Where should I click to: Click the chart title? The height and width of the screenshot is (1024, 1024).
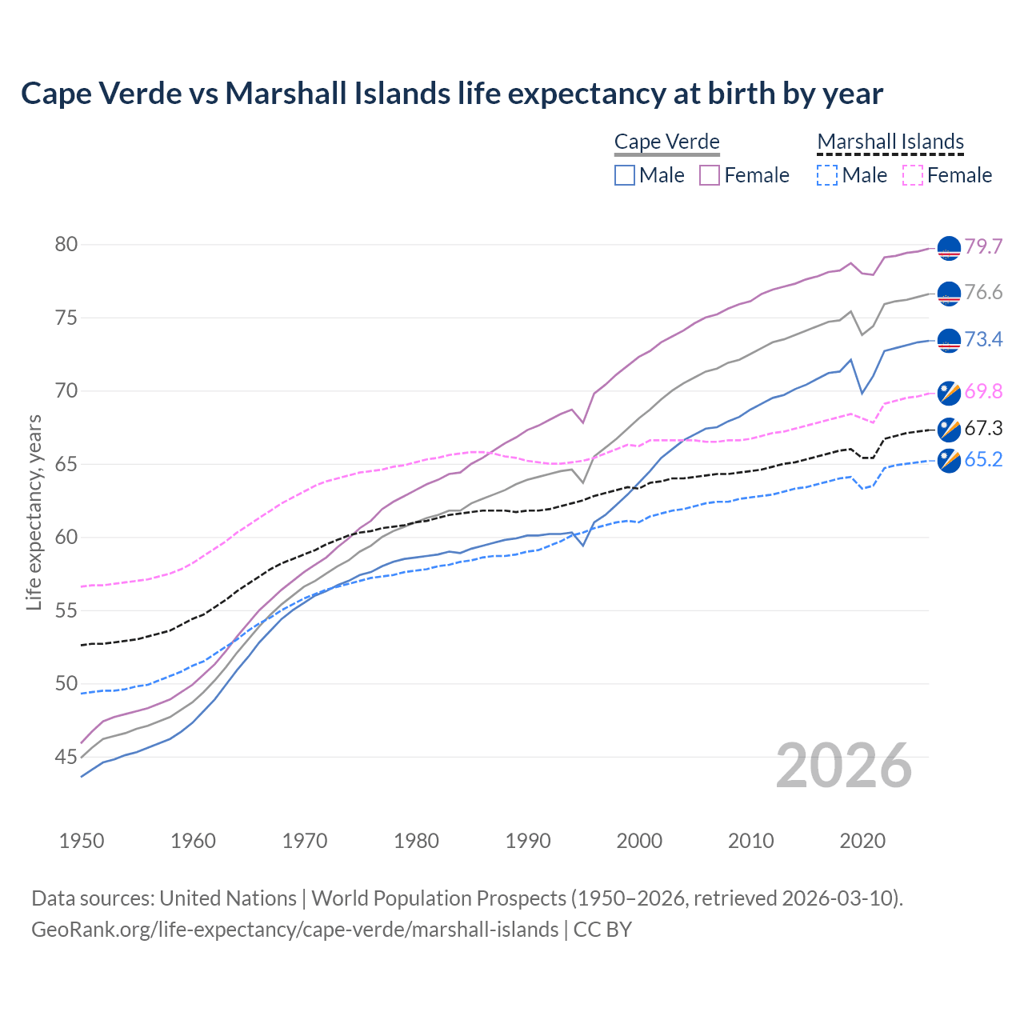(x=452, y=94)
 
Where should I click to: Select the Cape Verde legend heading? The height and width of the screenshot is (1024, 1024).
(x=667, y=142)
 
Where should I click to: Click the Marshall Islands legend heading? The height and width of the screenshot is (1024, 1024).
(x=890, y=142)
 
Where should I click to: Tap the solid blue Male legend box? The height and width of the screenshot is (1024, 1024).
(x=625, y=175)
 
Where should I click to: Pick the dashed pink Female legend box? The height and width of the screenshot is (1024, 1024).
(x=913, y=175)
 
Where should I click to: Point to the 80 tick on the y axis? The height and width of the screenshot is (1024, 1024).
(x=66, y=244)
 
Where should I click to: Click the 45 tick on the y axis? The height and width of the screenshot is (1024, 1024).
(x=66, y=757)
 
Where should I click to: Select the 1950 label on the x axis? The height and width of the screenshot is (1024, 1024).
(x=82, y=841)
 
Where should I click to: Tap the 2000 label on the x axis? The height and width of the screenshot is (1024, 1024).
(x=639, y=841)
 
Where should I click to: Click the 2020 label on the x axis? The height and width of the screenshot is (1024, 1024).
(x=862, y=841)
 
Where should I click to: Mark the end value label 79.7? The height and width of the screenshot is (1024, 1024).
(x=983, y=246)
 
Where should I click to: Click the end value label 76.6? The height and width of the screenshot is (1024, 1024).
(x=983, y=293)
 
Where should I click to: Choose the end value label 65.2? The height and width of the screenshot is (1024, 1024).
(x=983, y=459)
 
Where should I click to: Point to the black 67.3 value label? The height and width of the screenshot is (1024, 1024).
(x=983, y=428)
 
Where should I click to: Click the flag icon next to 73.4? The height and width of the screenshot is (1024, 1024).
(x=949, y=341)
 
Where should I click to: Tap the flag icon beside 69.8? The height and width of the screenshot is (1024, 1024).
(x=949, y=392)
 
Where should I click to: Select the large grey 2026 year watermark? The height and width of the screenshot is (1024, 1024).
(x=844, y=766)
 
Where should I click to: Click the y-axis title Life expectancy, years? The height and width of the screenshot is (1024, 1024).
(x=34, y=512)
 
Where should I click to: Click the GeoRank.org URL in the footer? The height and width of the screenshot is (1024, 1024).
(x=294, y=930)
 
